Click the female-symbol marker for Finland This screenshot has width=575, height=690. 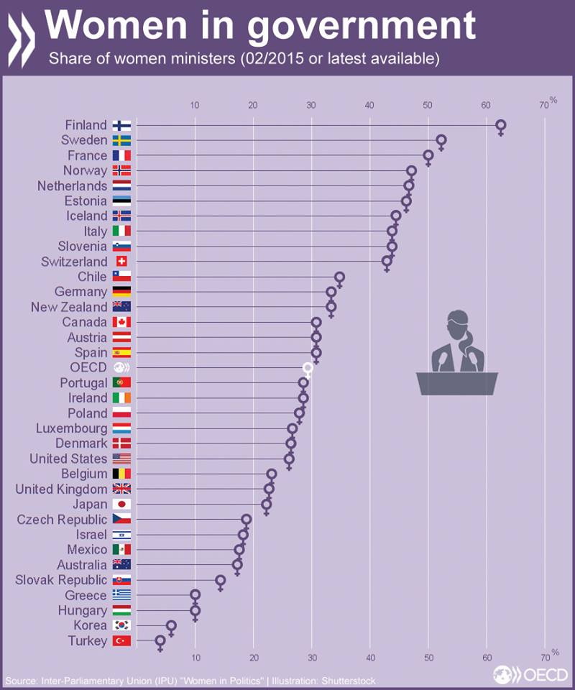501,126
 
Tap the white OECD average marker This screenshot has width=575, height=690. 308,369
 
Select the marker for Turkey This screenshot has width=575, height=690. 160,640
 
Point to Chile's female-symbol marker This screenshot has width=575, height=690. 339,277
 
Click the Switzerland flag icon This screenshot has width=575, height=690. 121,262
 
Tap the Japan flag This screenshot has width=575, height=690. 121,505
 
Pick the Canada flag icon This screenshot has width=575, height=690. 121,322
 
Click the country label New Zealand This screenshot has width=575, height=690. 69,307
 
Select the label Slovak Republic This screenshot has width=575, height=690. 61,580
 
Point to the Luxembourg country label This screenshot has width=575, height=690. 71,428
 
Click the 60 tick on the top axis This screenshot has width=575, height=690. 486,106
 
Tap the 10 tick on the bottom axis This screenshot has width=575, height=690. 195,658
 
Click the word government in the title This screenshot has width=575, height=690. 363,26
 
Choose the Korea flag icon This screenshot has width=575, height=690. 121,625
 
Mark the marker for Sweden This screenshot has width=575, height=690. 441,141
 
